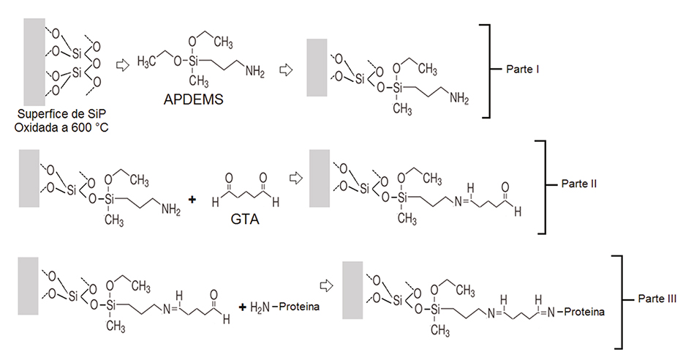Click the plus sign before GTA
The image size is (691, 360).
coord(193,198)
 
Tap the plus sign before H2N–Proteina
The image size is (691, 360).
coord(241,305)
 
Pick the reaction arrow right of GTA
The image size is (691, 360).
coord(295,178)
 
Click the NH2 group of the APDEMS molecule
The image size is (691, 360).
coord(254,71)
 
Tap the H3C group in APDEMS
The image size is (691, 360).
coord(148,60)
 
